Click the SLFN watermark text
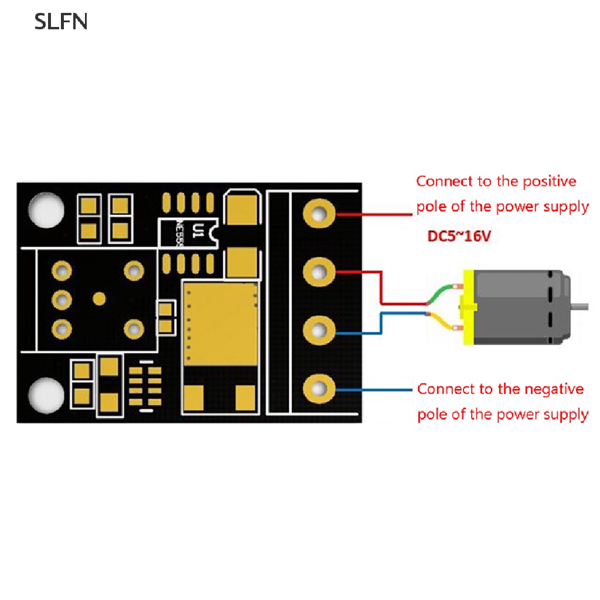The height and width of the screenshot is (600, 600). (61, 22)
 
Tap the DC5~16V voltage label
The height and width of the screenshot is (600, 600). (459, 236)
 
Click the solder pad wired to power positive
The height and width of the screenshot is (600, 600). (319, 213)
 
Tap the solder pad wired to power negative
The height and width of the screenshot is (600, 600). (319, 389)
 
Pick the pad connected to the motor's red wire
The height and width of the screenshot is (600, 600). (319, 272)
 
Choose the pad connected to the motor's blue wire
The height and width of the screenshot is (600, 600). (319, 330)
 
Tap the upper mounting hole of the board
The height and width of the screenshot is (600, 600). (46, 210)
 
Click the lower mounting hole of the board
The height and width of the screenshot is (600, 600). (46, 396)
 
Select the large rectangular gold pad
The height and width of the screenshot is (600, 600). (220, 323)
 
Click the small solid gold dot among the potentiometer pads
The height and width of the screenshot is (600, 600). (100, 299)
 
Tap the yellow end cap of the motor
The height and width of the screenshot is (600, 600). (469, 307)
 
